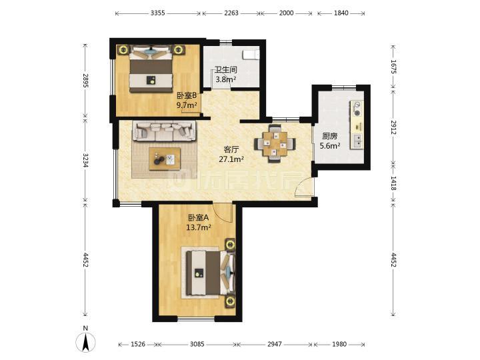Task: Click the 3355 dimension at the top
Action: coord(157,13)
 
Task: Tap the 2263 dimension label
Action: coord(231,13)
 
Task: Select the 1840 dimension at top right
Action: coord(341,13)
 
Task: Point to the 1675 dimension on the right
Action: coord(393,67)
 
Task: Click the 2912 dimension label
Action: coord(393,127)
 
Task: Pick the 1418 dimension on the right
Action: coord(393,183)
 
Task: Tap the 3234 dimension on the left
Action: coord(85,160)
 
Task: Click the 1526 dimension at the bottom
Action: coord(138,344)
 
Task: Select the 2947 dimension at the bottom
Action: coord(274,344)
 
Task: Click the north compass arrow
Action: coord(85,341)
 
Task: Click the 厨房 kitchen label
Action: coord(330,136)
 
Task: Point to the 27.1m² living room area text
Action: coord(231,159)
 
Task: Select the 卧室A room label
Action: coord(199,217)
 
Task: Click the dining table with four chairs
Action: coord(275,143)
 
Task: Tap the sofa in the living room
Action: coord(164,131)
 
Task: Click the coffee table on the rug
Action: coord(165,159)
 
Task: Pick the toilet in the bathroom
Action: coord(251,55)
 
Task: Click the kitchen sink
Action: coord(357,141)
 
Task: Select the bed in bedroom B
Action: coord(150,70)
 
